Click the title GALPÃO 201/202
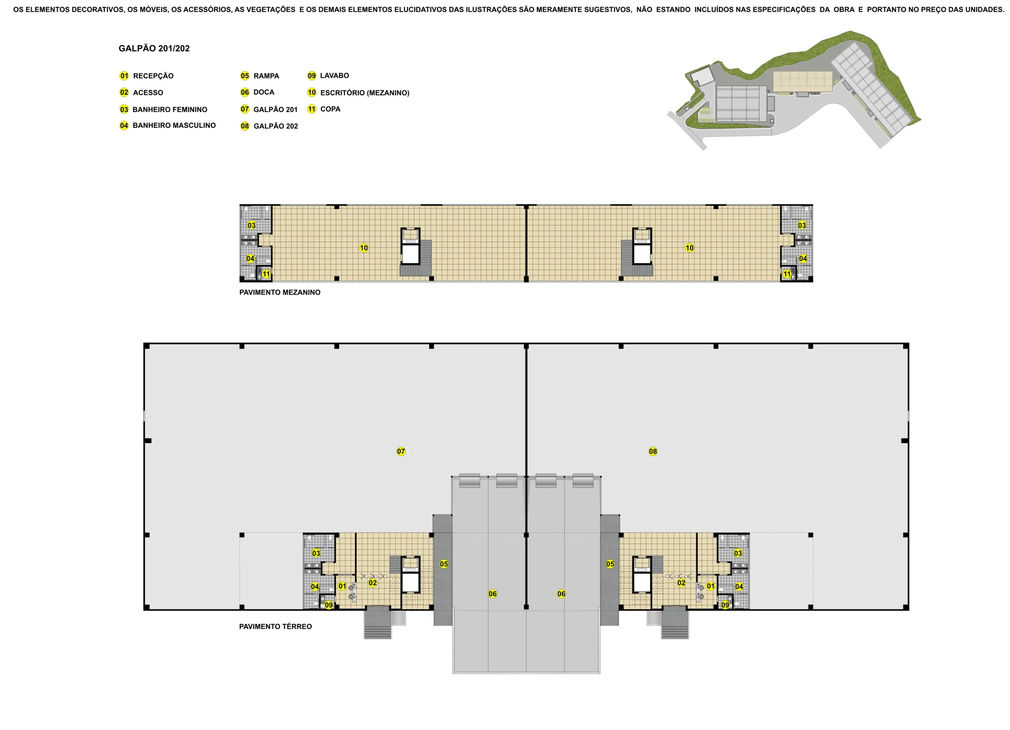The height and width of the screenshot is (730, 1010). [154, 49]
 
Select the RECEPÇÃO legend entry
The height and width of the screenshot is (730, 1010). [146, 76]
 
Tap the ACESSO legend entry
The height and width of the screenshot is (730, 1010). [141, 93]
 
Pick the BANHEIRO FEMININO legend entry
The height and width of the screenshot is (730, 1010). [163, 110]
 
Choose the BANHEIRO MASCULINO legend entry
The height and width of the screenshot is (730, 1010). [167, 126]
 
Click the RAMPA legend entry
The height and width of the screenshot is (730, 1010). [260, 76]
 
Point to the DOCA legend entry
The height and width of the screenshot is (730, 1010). [257, 92]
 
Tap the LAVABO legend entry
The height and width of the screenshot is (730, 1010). [328, 76]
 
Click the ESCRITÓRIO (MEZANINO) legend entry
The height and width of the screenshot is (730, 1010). [358, 93]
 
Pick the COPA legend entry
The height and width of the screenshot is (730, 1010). [324, 109]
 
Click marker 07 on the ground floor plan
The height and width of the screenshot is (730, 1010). [401, 451]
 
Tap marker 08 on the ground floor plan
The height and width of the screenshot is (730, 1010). [653, 451]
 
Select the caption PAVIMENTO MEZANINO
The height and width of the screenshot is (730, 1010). [280, 293]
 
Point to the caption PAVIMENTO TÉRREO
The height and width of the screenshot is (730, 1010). [275, 627]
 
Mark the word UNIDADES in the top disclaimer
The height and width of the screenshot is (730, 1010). [984, 9]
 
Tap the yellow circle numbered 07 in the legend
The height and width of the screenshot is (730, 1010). [245, 109]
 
